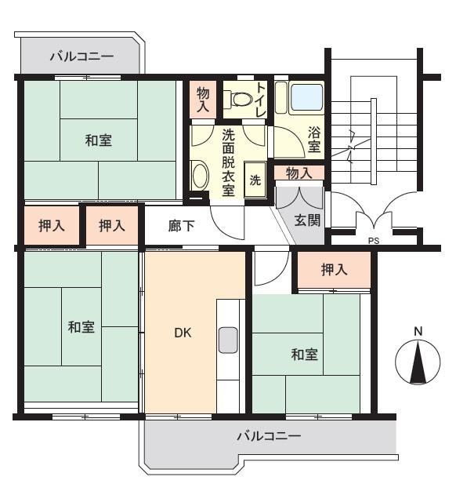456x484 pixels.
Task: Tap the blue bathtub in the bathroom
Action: (307, 97)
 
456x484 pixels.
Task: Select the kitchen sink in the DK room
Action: (228, 340)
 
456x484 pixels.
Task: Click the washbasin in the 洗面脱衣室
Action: (200, 176)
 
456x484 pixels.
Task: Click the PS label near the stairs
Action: (374, 241)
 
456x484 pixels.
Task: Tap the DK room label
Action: (183, 333)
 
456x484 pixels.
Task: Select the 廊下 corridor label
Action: (181, 226)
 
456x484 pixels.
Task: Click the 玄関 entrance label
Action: (307, 220)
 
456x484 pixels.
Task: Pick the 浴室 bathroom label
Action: (314, 140)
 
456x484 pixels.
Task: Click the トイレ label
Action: (261, 100)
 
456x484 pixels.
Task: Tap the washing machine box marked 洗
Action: (255, 180)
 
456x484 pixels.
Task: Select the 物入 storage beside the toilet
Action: (203, 100)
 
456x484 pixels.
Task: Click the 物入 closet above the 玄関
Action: (299, 173)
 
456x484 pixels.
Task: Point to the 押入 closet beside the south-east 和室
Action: (335, 270)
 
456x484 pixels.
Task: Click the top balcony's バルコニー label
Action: (82, 56)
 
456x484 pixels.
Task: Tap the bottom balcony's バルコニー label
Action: (269, 436)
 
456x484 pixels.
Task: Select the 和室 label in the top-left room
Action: (99, 140)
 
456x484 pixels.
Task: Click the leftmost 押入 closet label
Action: (52, 226)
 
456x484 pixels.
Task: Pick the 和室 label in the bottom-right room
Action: (304, 355)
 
